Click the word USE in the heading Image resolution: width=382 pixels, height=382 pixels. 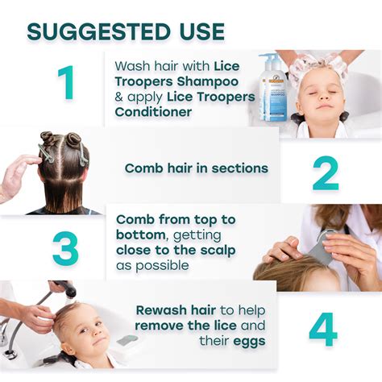tap(196, 31)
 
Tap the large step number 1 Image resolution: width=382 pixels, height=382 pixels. tap(65, 83)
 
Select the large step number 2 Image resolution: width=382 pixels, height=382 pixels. tap(325, 170)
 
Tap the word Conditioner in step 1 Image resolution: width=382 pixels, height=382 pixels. tap(154, 112)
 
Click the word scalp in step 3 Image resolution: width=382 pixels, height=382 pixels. tap(214, 249)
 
